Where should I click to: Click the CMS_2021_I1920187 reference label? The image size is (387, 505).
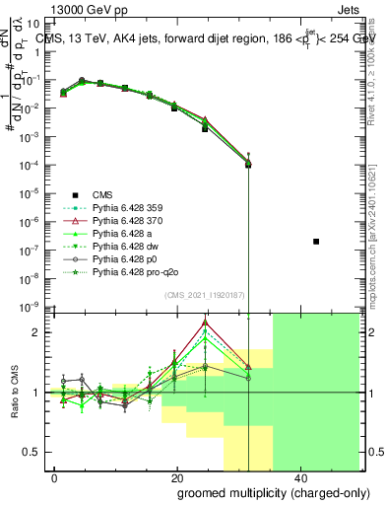pyautogui.click(x=197, y=295)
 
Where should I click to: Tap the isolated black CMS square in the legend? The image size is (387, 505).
pyautogui.click(x=315, y=241)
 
